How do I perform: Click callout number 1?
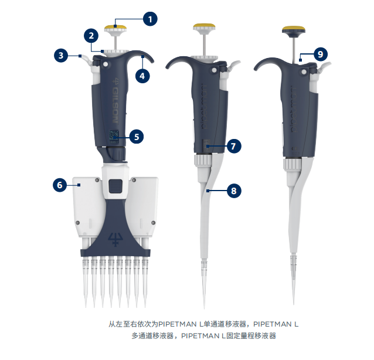point(151,19)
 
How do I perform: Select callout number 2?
point(91,36)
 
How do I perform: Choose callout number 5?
point(135,137)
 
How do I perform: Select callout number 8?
point(233,191)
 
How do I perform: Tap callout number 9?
point(319,55)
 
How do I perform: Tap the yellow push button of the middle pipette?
point(204,27)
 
